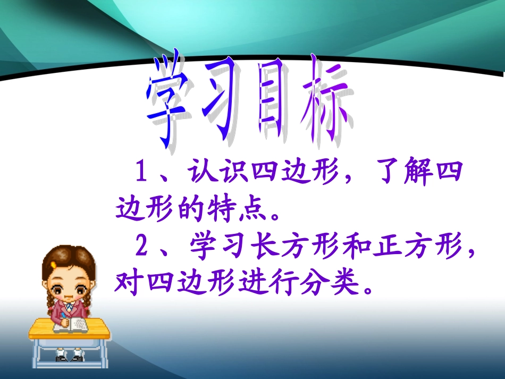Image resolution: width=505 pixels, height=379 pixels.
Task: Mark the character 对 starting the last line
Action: (x=127, y=283)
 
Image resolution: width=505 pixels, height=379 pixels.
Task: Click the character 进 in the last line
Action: (x=250, y=283)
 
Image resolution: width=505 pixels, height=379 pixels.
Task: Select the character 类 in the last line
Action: (x=343, y=283)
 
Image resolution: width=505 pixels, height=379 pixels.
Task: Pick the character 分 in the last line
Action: (x=313, y=283)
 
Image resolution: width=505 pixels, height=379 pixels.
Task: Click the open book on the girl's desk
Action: (x=74, y=325)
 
